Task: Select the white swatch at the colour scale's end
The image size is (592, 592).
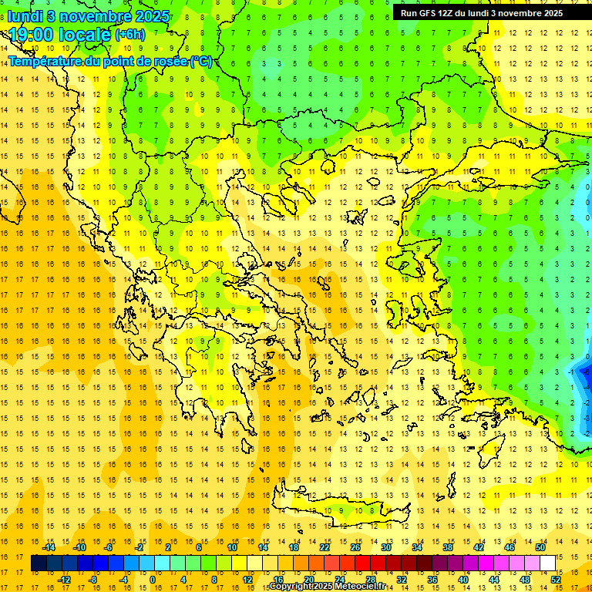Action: pyautogui.click(x=548, y=563)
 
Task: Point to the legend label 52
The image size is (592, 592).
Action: pyautogui.click(x=556, y=579)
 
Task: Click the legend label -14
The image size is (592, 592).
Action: pyautogui.click(x=49, y=547)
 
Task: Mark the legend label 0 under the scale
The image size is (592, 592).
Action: pyautogui.click(x=152, y=579)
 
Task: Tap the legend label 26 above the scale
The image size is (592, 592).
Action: pyautogui.click(x=355, y=547)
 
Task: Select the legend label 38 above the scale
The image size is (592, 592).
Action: pyautogui.click(x=447, y=547)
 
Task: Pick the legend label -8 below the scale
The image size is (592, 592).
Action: pyautogui.click(x=93, y=579)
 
